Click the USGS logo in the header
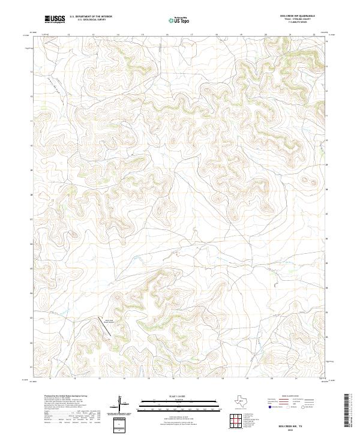55,20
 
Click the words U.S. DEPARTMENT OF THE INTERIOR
91,17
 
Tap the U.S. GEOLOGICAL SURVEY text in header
91,20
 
